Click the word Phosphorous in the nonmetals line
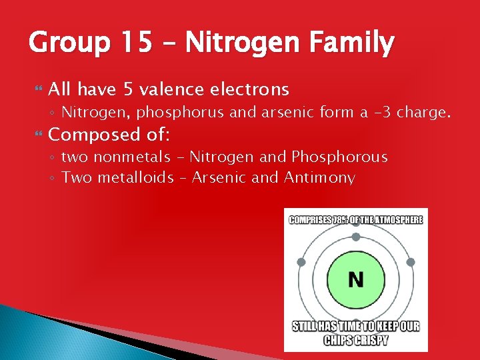(x=339, y=157)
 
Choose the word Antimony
(x=319, y=178)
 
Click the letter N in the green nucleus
(x=356, y=279)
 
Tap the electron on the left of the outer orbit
(x=301, y=263)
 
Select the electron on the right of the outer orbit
(x=411, y=263)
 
